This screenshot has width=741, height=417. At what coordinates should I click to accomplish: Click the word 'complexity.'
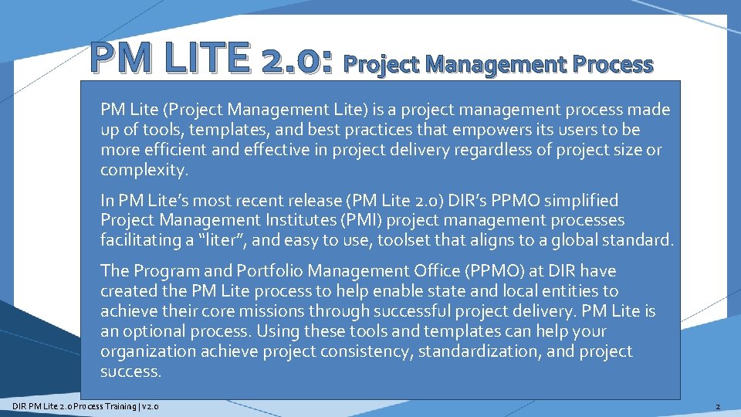[x=144, y=170]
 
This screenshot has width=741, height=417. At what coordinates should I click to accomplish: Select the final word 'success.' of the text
[x=131, y=371]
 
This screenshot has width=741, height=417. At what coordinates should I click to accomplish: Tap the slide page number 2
[x=718, y=406]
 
